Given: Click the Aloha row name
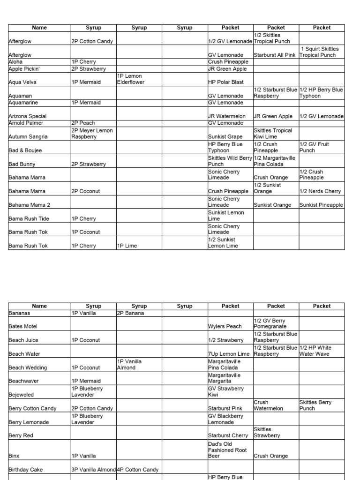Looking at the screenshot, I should pyautogui.click(x=16, y=62).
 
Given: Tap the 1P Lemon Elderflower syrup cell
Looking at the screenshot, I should pyautogui.click(x=130, y=79).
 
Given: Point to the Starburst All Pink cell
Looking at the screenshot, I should pyautogui.click(x=275, y=55).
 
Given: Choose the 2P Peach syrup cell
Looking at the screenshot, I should pyautogui.click(x=83, y=123).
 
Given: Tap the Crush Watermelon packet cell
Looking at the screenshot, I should pyautogui.click(x=268, y=405).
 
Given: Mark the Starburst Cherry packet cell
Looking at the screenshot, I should pyautogui.click(x=228, y=435).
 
